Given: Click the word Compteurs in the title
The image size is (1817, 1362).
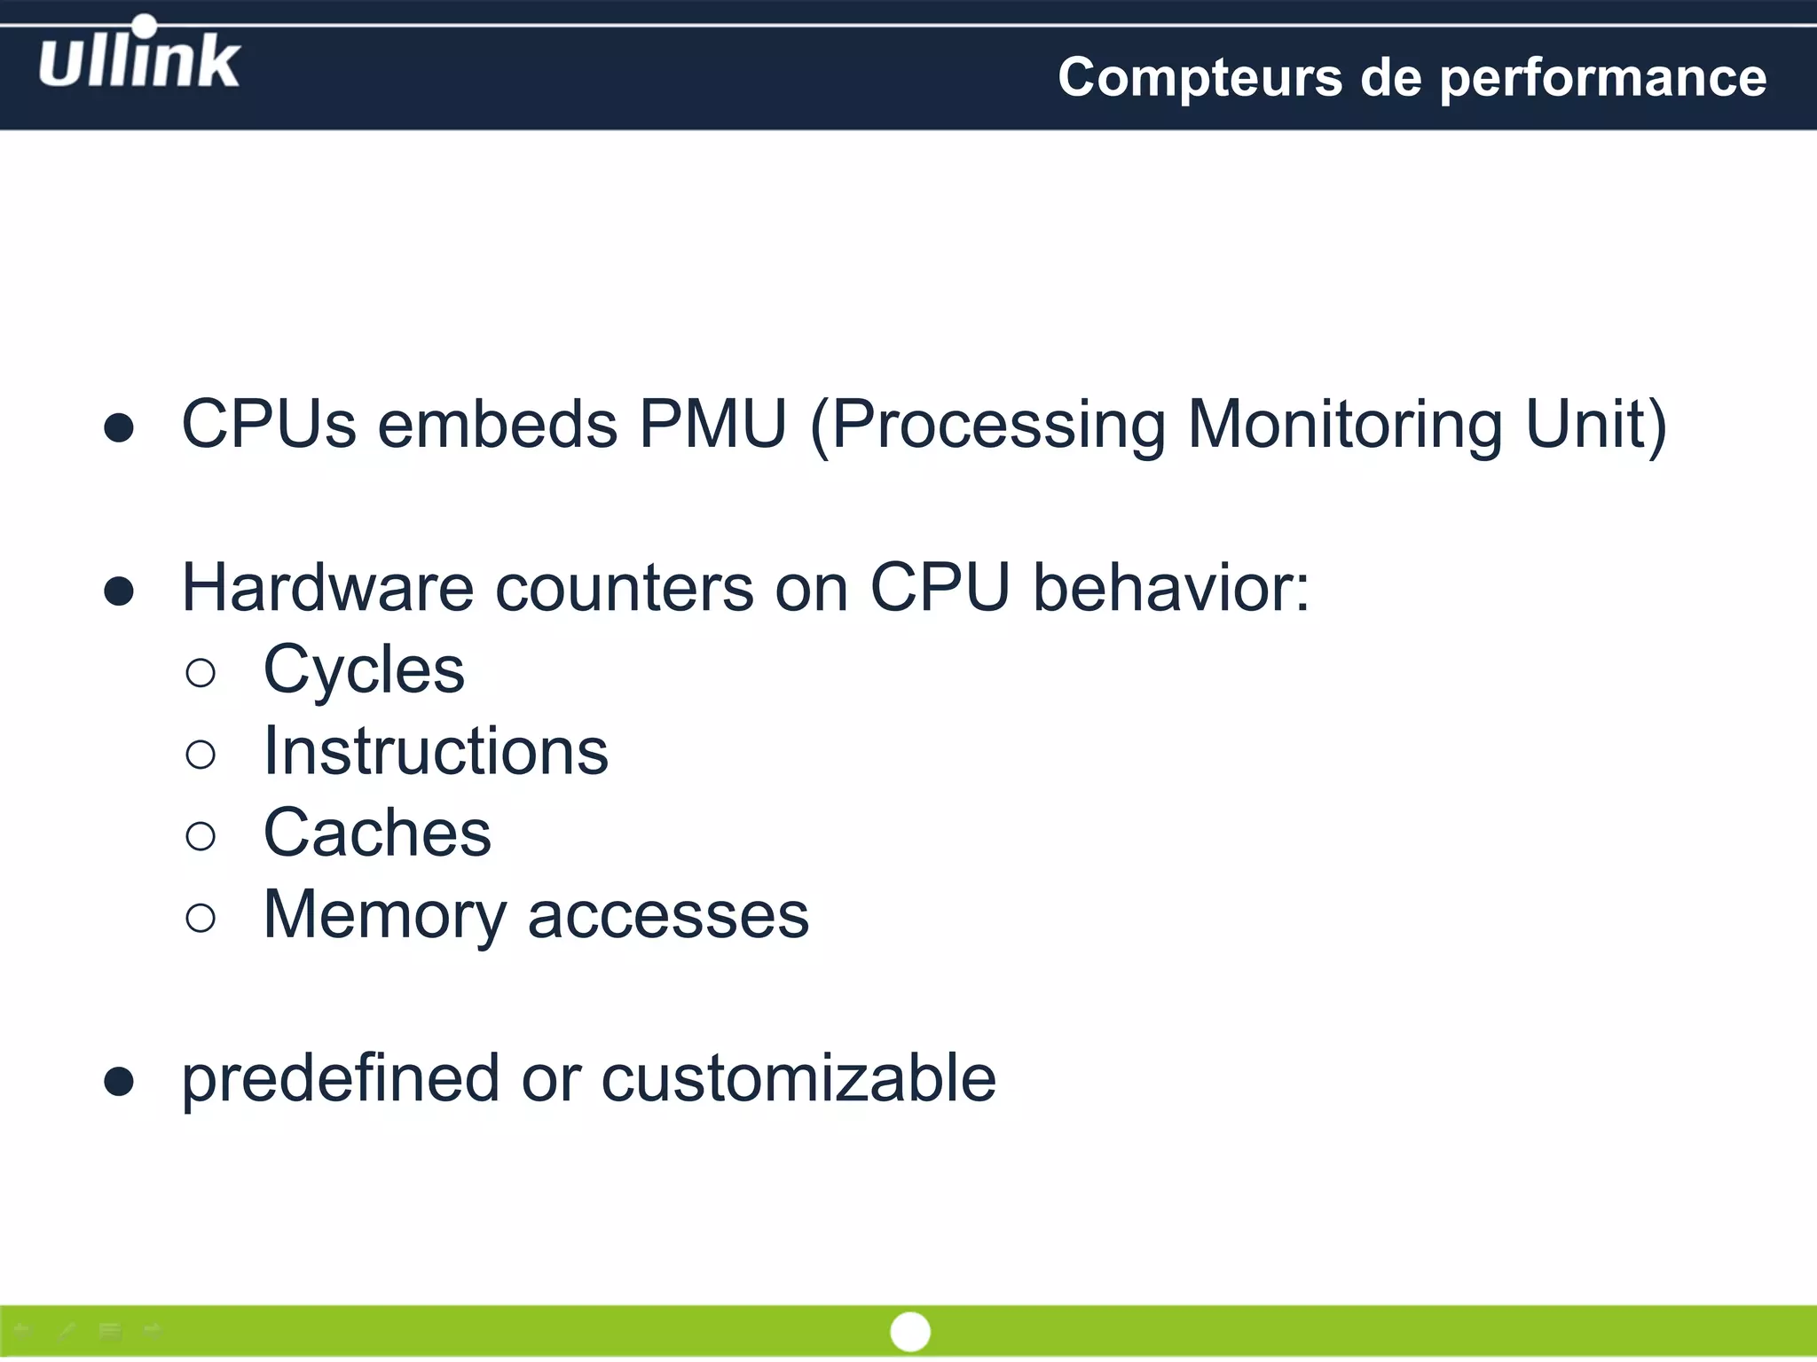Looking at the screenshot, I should (1200, 77).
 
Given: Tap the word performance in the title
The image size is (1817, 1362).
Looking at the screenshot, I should (1602, 77).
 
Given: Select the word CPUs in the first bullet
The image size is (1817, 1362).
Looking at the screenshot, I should (269, 424).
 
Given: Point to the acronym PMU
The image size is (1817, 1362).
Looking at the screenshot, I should (712, 424).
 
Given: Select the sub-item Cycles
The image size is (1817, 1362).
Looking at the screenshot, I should (364, 669).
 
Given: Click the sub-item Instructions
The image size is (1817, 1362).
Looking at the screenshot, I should (436, 751).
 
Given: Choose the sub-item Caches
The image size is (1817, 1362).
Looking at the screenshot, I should (377, 833).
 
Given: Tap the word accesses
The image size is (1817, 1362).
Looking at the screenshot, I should (668, 915).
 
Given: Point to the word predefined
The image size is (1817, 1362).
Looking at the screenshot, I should (341, 1079).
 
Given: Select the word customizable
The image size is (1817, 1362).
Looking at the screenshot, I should (798, 1079).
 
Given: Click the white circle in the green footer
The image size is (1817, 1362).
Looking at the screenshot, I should (909, 1331).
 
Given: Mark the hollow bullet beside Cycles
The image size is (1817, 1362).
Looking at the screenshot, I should (201, 673).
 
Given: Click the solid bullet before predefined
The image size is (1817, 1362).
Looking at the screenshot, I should (119, 1082).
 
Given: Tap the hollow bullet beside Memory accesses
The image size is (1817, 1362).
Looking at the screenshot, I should (201, 918).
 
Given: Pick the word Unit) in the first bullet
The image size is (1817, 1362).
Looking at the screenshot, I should (1595, 424).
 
